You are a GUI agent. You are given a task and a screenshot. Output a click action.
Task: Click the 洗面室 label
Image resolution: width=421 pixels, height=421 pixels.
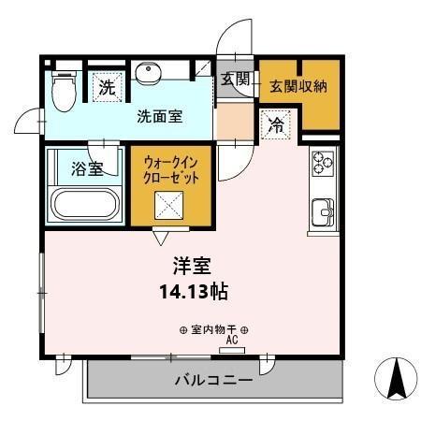pyautogui.click(x=160, y=117)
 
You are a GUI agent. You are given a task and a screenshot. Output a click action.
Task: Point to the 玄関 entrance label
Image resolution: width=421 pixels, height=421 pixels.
pyautogui.click(x=235, y=80)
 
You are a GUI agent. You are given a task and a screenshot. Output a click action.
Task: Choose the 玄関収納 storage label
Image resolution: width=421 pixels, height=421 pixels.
pyautogui.click(x=298, y=85)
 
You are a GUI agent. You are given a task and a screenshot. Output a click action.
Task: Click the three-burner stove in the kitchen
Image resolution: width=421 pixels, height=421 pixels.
pyautogui.click(x=323, y=163)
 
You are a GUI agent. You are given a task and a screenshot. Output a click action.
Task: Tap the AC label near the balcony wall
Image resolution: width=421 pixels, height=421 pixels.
pyautogui.click(x=230, y=341)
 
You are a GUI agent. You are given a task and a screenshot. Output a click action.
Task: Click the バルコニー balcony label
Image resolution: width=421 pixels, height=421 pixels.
pyautogui.click(x=212, y=381)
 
